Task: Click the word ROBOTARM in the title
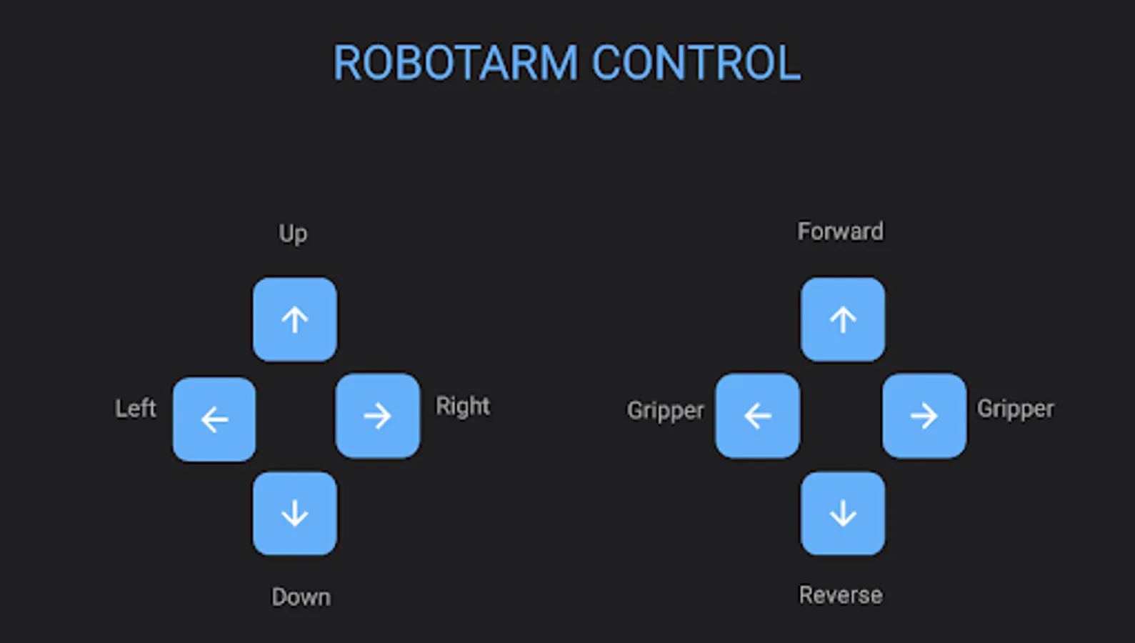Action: point(455,64)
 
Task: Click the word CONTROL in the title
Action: point(696,64)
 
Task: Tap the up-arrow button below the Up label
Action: point(294,319)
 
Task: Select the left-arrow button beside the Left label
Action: point(214,419)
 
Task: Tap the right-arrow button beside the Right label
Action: point(378,416)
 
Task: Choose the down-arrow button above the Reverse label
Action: point(843,513)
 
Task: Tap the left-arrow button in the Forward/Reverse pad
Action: point(758,416)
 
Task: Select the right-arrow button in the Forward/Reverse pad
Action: point(924,416)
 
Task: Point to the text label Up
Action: point(293,234)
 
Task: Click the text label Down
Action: point(301,597)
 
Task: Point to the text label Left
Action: point(135,409)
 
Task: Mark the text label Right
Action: point(463,406)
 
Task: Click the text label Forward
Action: point(840,231)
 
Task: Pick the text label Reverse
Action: point(840,595)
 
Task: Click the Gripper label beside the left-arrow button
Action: point(665,411)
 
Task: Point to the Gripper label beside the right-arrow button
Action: point(1015,409)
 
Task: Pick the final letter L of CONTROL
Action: point(790,64)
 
